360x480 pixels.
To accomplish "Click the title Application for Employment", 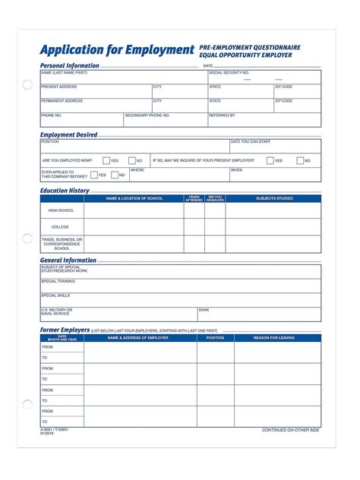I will tap(117, 51).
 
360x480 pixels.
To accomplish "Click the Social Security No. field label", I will tap(229, 73).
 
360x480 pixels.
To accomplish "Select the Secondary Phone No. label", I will tap(147, 115).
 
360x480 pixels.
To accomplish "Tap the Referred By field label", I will tap(222, 115).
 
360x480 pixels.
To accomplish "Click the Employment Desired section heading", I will tap(68, 134).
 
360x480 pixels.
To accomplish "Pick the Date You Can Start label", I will tap(250, 141).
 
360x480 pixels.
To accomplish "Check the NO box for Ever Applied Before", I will tap(113, 175).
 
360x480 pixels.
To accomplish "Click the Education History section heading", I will tap(65, 191).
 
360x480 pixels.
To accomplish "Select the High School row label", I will tap(61, 210).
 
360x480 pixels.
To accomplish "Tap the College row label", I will tap(61, 227).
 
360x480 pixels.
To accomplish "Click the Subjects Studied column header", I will tap(273, 198).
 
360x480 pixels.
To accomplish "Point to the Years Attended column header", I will tap(194, 198).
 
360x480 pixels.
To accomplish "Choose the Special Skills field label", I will tap(55, 295).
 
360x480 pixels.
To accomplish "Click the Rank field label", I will tap(204, 310).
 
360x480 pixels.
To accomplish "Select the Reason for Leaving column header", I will tap(277, 338).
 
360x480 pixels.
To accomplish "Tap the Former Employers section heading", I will tap(65, 330).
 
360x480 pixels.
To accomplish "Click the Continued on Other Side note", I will tap(290, 430).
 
